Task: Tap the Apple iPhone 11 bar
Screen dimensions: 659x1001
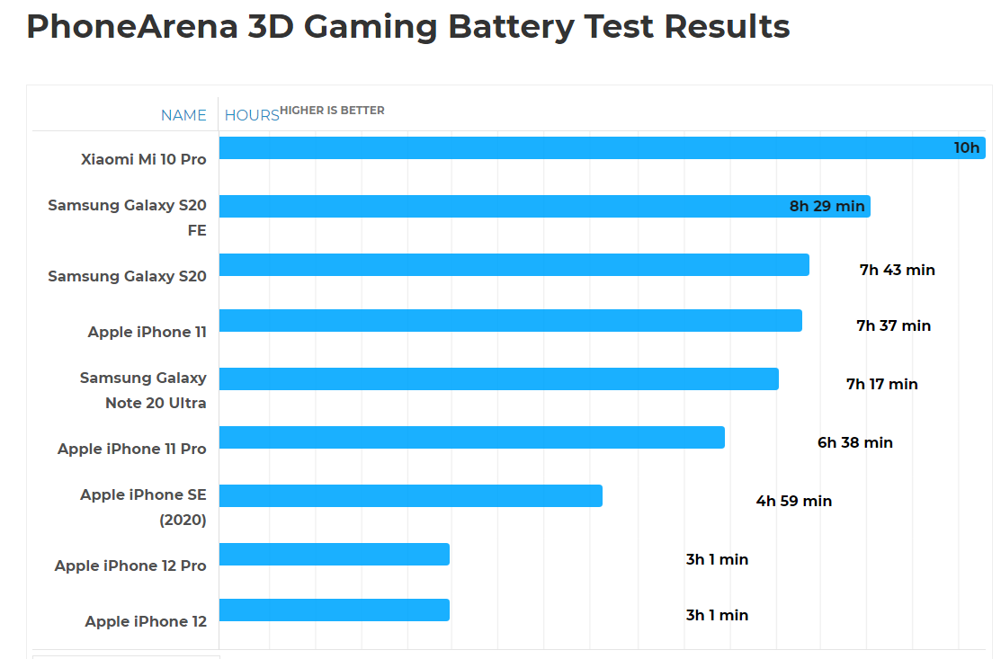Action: click(510, 321)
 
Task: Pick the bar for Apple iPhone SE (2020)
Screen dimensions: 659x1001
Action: click(410, 495)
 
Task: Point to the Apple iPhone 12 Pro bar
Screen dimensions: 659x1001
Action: click(334, 555)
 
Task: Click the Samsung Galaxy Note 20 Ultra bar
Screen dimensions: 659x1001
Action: click(498, 378)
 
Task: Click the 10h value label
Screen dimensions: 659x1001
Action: click(967, 148)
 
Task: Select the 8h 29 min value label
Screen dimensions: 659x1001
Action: click(827, 207)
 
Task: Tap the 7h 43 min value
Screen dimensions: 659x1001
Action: click(897, 270)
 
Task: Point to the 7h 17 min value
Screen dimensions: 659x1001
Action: click(881, 384)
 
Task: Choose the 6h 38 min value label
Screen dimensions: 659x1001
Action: click(854, 442)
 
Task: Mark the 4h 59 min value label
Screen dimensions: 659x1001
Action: click(793, 501)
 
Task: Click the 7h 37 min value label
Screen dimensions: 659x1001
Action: click(893, 325)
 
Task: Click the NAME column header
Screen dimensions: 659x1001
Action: click(183, 115)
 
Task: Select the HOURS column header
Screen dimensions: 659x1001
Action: click(252, 115)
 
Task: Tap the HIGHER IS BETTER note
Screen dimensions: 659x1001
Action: click(332, 111)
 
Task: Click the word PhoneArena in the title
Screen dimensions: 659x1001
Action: click(133, 27)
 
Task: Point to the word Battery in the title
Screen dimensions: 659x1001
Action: click(510, 27)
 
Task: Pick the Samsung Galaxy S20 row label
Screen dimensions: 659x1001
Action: click(127, 276)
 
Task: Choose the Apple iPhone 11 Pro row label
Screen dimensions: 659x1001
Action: click(131, 449)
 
